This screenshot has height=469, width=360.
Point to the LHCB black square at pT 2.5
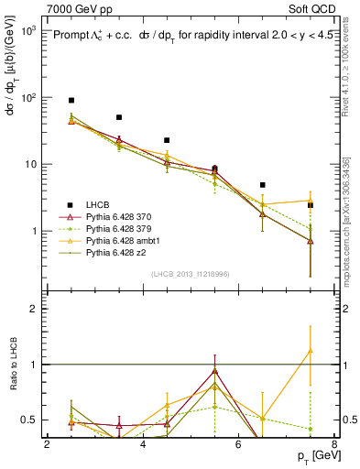click(71, 100)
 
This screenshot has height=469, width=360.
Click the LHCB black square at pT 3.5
click(119, 117)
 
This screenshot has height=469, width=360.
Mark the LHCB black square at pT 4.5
click(167, 140)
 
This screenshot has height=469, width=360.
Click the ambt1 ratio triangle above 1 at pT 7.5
click(311, 350)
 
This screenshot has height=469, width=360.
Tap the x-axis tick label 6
click(238, 444)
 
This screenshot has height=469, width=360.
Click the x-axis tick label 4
click(143, 444)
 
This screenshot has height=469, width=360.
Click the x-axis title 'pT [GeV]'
click(314, 456)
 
